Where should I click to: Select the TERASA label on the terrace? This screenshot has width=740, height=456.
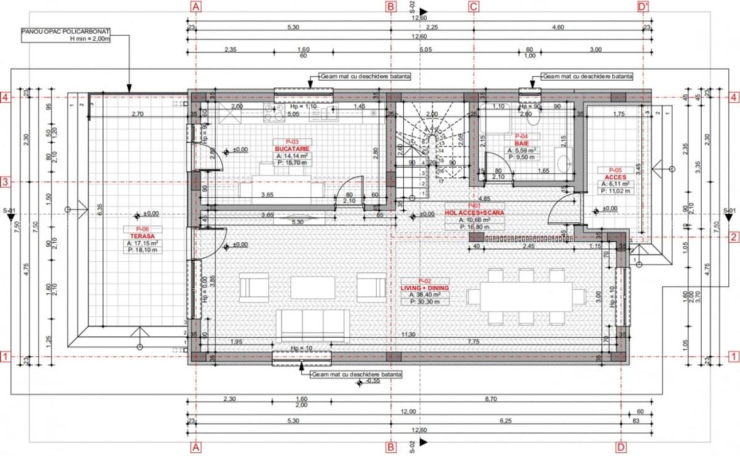tap(137, 235)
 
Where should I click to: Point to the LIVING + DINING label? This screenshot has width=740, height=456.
tap(424, 288)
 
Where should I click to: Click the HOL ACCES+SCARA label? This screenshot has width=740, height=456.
tap(474, 213)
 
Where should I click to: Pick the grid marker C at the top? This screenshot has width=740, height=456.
tap(474, 7)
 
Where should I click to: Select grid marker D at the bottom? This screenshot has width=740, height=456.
tap(620, 447)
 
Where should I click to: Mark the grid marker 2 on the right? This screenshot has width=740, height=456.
tap(734, 237)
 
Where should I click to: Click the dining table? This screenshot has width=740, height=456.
tap(525, 296)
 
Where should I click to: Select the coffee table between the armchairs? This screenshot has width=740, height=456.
tap(312, 287)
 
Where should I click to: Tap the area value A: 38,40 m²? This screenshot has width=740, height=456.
tap(424, 295)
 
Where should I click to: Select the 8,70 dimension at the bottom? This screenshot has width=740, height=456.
tap(491, 399)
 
